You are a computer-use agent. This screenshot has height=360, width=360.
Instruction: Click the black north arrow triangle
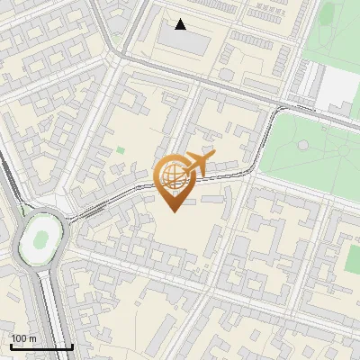(x=181, y=24)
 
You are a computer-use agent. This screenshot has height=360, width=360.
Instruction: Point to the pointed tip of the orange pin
(x=171, y=210)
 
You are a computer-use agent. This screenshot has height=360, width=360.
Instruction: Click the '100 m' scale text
(x=23, y=338)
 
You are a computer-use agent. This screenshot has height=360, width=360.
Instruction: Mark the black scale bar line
(x=41, y=346)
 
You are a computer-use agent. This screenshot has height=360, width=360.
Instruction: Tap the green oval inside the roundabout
(x=40, y=240)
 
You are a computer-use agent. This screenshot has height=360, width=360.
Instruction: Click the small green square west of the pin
(x=121, y=150)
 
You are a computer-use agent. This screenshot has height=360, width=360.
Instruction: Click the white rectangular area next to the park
(x=339, y=85)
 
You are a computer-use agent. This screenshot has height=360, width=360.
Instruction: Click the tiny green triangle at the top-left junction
(x=115, y=38)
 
